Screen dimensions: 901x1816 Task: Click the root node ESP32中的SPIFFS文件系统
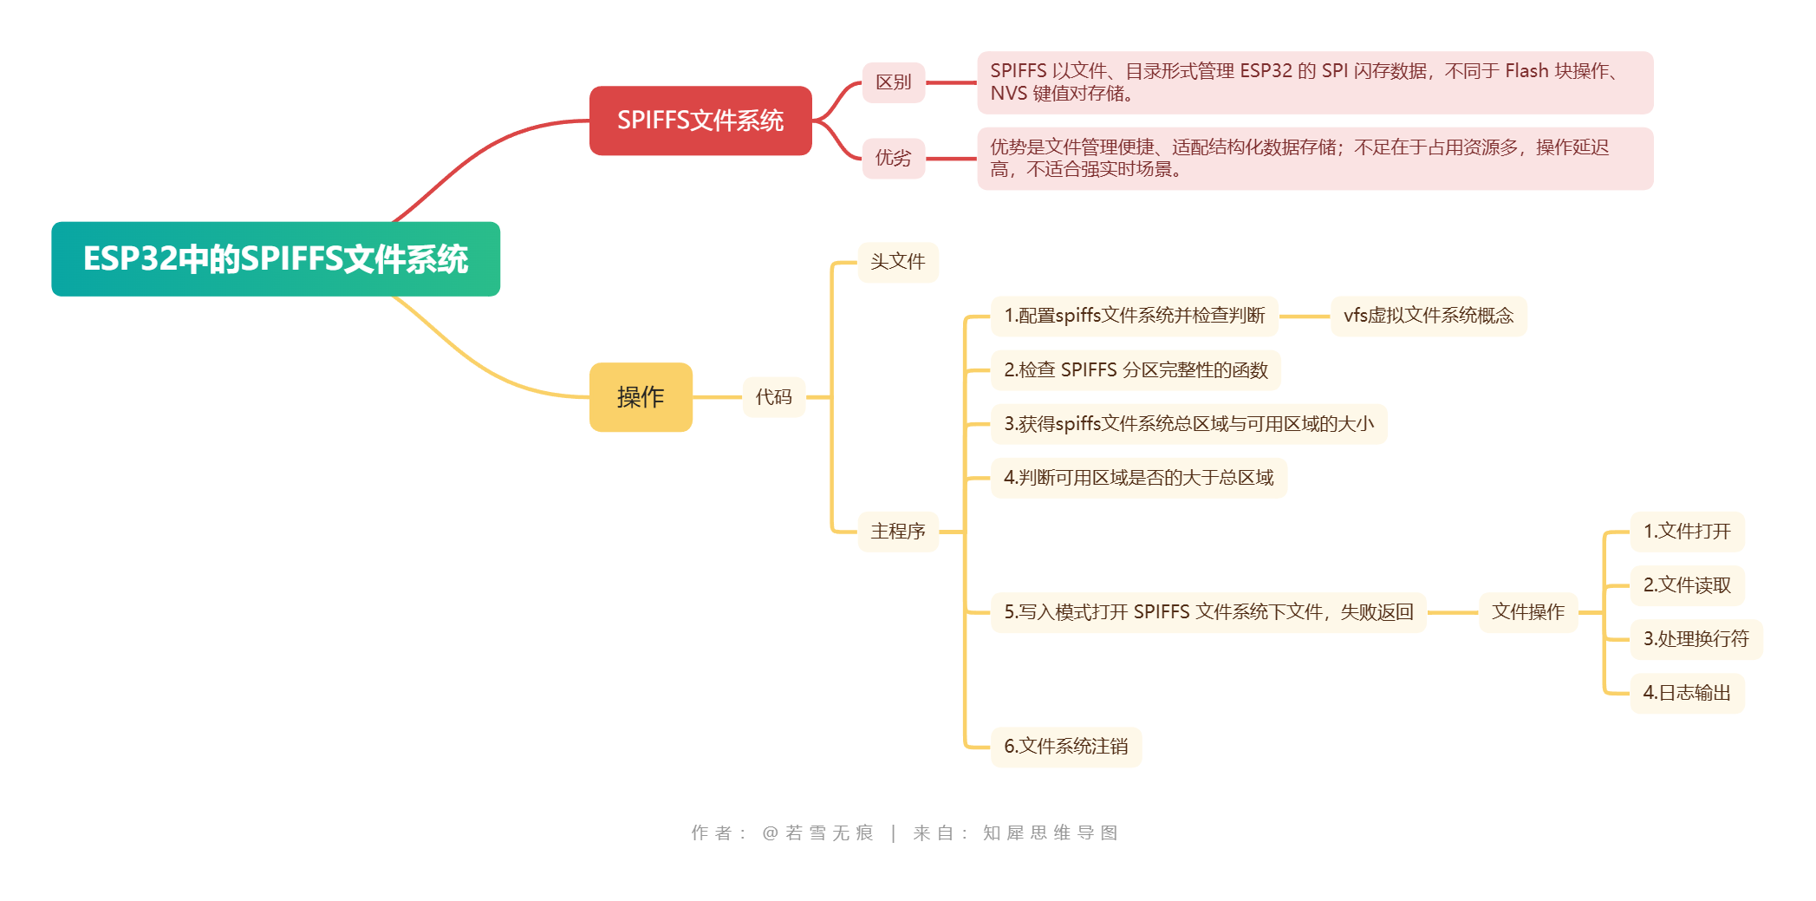tap(276, 259)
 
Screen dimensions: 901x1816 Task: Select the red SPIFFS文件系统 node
tap(700, 121)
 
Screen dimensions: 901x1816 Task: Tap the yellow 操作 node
tap(641, 397)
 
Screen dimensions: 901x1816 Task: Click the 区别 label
tap(893, 82)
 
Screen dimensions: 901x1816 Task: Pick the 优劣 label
tap(893, 158)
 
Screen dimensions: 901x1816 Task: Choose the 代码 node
tap(773, 397)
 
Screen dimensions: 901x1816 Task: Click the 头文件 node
tap(897, 262)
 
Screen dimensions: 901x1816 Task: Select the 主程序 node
tap(897, 531)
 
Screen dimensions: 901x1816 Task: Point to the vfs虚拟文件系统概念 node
tap(1428, 316)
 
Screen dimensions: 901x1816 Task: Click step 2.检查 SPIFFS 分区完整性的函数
tap(1136, 370)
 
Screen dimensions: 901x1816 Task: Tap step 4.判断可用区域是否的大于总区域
tap(1138, 478)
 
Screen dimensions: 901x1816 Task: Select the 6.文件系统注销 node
tap(1065, 747)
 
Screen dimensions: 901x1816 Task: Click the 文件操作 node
tap(1527, 612)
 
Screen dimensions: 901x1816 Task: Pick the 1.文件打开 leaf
tap(1686, 532)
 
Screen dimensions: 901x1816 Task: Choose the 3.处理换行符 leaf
tap(1696, 639)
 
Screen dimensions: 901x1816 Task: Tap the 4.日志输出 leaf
tap(1686, 693)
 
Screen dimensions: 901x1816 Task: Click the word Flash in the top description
tap(1526, 71)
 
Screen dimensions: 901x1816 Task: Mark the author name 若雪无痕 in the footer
tap(829, 833)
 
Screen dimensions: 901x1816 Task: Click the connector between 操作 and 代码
tap(717, 397)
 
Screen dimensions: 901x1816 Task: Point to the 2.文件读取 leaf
tap(1686, 585)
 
